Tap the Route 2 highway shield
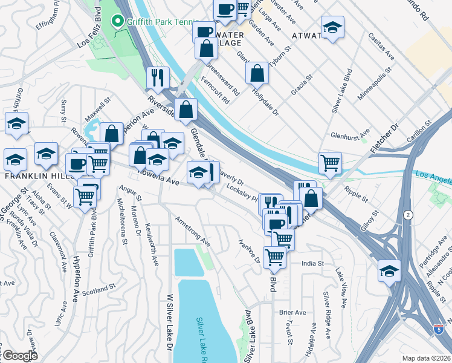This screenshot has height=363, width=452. click(x=409, y=215)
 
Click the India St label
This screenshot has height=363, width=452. click(x=313, y=264)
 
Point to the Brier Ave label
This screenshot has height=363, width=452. click(x=292, y=312)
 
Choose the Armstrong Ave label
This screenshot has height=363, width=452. click(x=193, y=232)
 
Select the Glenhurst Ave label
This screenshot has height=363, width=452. click(x=350, y=134)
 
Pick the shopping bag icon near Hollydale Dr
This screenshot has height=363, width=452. click(x=257, y=73)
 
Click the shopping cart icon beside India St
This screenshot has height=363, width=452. click(x=275, y=257)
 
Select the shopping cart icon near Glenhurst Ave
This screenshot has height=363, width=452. click(x=330, y=163)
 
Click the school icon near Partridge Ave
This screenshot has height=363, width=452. click(x=389, y=272)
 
